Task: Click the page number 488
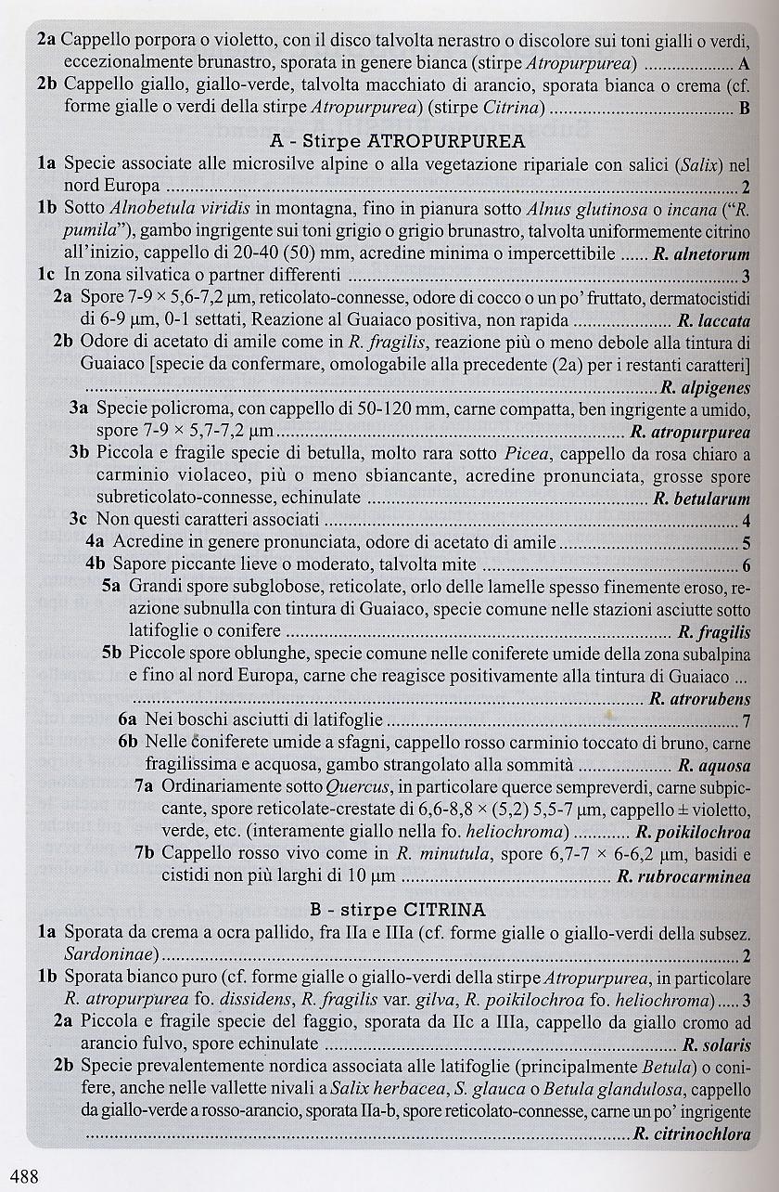point(19,1177)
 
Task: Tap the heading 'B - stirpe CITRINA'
point(397,910)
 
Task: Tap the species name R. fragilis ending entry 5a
point(714,633)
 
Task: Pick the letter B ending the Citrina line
point(745,109)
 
